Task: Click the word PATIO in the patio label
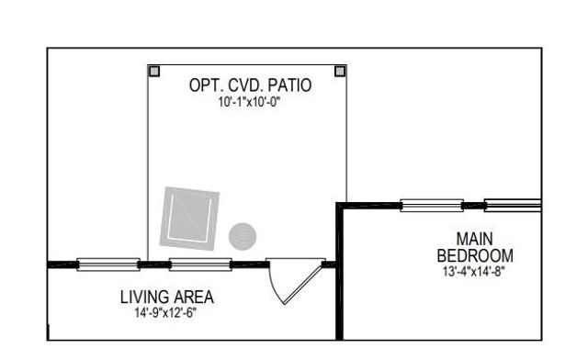point(288,85)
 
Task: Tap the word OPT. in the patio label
point(204,85)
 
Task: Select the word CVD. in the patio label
point(243,85)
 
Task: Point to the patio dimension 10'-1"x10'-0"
point(249,102)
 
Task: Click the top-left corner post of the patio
point(154,71)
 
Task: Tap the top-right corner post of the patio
point(340,71)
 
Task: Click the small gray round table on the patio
point(242,235)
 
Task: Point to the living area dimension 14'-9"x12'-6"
point(166,312)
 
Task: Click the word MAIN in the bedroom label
point(475,239)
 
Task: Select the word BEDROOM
point(475,255)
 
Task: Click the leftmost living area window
point(107,264)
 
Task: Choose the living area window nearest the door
point(200,264)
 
